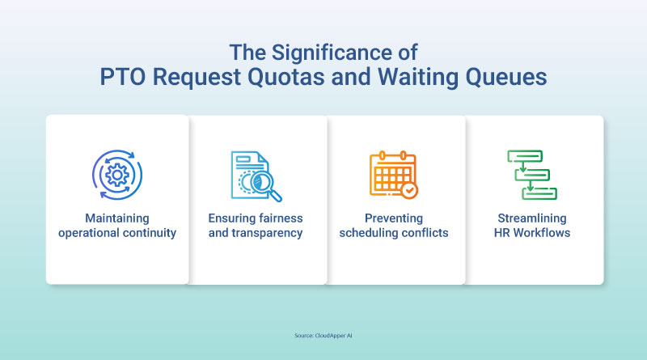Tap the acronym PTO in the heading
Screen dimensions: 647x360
pos(123,77)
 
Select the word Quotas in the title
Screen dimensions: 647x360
pos(286,78)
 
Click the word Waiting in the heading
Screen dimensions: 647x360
pos(418,78)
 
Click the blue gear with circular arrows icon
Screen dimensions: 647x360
pos(117,175)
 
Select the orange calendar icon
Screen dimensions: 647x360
pos(393,174)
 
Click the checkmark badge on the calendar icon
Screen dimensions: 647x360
pos(409,190)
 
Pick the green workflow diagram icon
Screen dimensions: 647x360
pos(532,175)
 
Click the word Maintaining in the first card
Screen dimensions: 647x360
pos(117,218)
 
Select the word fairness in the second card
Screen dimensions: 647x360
pos(278,218)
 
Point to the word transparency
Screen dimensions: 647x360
pos(267,233)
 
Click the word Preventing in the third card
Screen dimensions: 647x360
pos(394,218)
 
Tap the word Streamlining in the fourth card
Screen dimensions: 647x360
pos(532,218)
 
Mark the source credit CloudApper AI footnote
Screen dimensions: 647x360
pos(323,336)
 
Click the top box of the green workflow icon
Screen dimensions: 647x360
pos(525,156)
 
